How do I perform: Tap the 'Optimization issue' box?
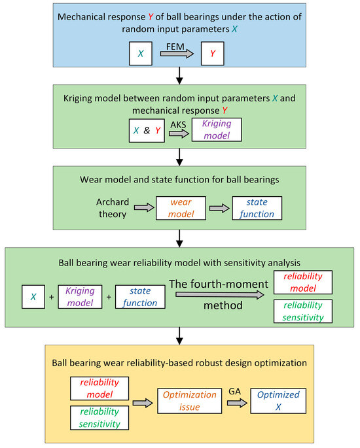[198, 400]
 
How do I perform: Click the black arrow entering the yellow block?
[178, 336]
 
